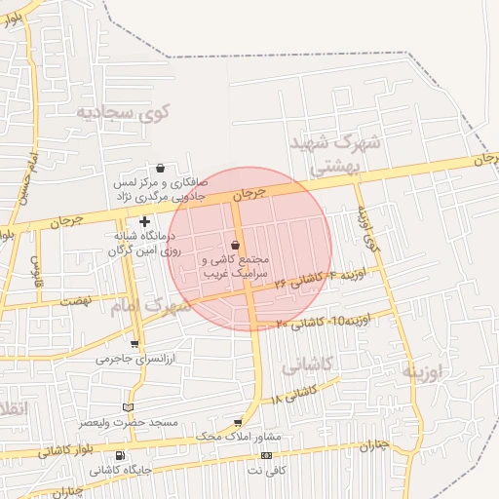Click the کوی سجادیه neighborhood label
126,112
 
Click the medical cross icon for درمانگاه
145,222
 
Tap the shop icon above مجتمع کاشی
236,246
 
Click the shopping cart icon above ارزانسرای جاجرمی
134,344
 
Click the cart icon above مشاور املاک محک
238,422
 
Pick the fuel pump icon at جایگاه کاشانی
120,455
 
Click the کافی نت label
266,470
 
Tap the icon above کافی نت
266,456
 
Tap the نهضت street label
76,300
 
